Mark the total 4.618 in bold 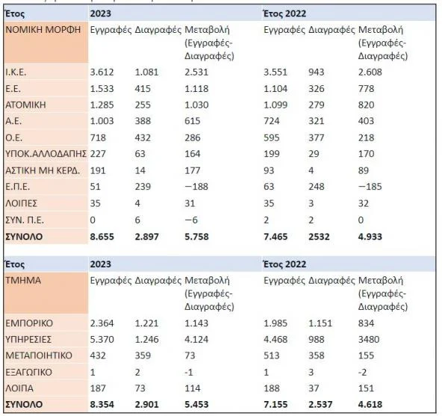(373, 405)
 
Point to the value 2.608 (372, 72)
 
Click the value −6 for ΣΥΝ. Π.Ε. (192, 221)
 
